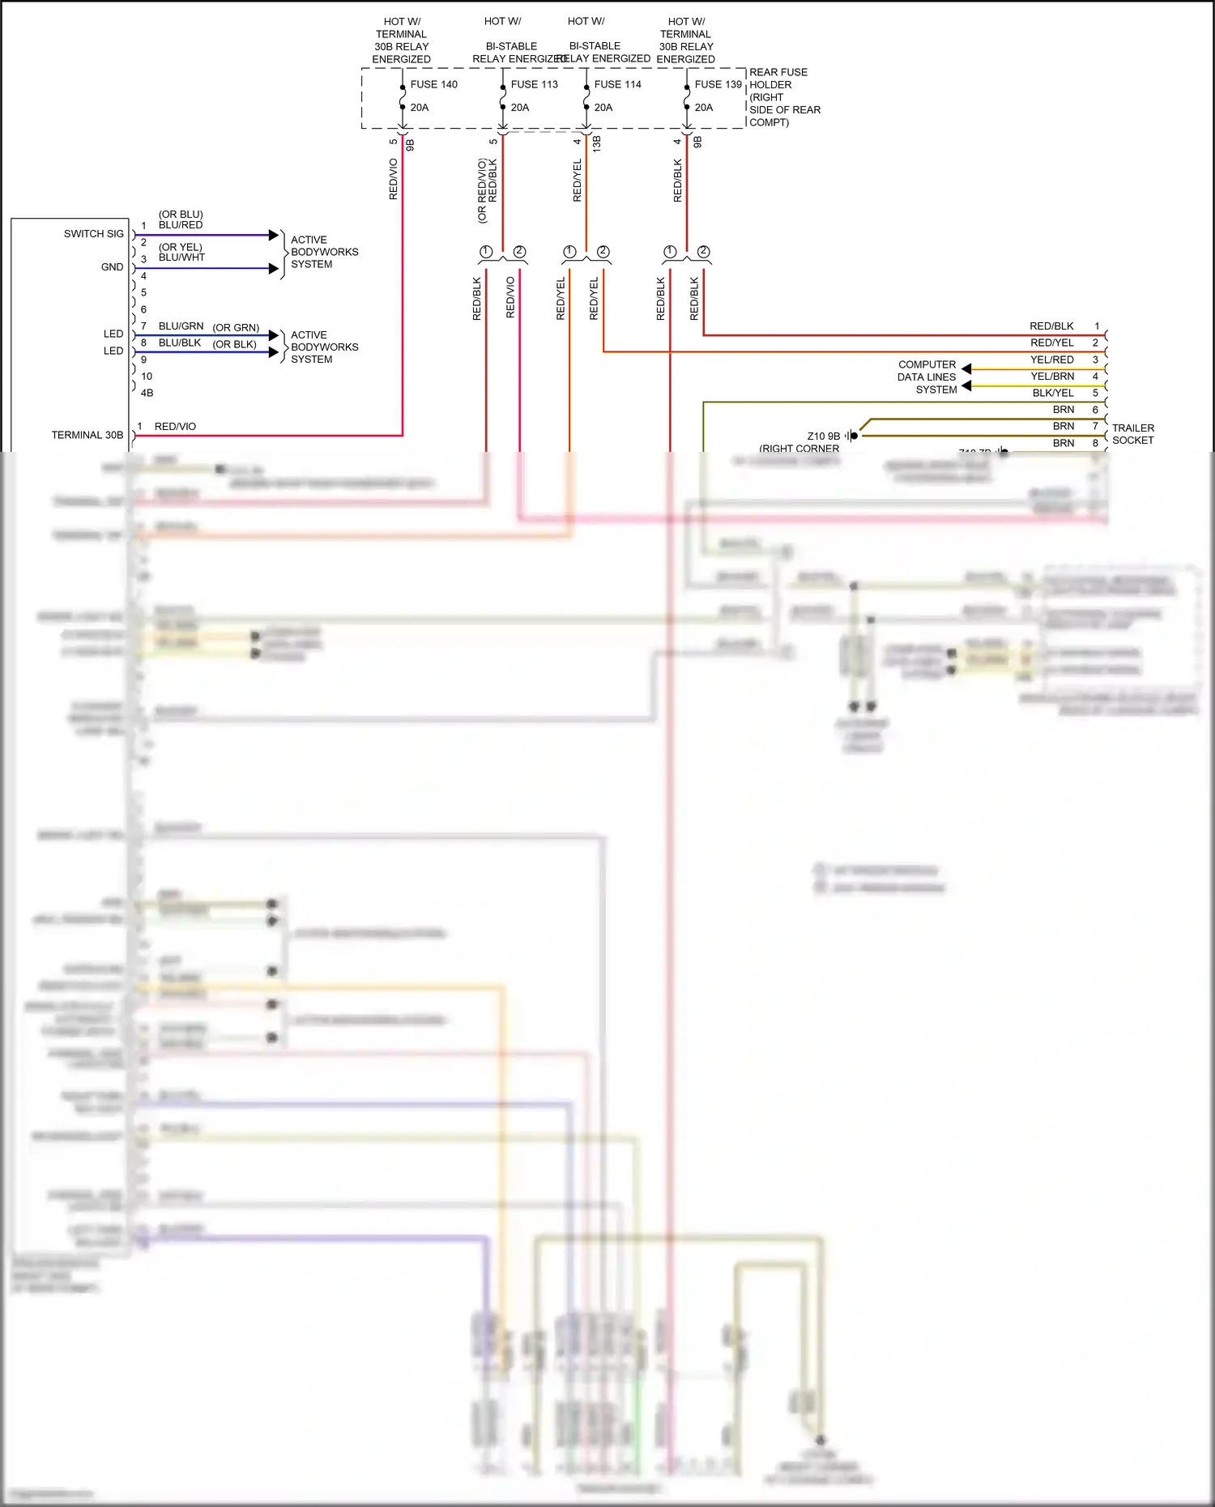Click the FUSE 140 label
point(433,84)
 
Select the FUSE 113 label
point(534,84)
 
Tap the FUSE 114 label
point(617,84)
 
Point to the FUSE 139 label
point(718,84)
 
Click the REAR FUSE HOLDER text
point(778,79)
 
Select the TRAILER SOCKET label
point(1132,434)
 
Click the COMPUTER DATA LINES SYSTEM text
point(927,377)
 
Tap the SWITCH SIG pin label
point(94,234)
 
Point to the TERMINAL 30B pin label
point(87,435)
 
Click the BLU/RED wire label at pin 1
point(181,225)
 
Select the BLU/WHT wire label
point(181,258)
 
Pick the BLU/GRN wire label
point(181,326)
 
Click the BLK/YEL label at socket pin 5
point(1052,393)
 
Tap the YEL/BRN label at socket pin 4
point(1052,377)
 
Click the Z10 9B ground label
point(823,436)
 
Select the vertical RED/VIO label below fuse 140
point(394,179)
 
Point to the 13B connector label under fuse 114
point(597,144)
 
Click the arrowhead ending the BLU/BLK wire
point(274,351)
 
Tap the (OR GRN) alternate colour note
point(236,328)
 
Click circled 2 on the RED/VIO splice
point(519,252)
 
